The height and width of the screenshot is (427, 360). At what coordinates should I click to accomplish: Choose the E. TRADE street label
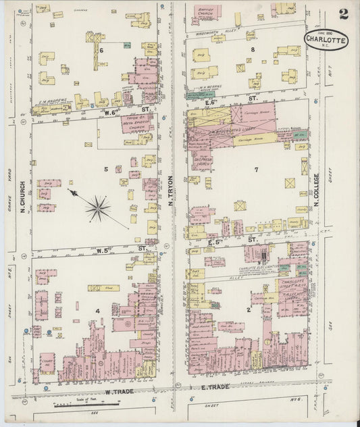point(215,387)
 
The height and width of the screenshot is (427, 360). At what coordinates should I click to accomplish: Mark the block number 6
point(101,50)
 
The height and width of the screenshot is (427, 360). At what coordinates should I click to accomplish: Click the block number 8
point(253,49)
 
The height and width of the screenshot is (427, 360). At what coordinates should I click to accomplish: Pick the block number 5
point(105,168)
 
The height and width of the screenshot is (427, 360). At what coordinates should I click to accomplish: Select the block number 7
point(256,169)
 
